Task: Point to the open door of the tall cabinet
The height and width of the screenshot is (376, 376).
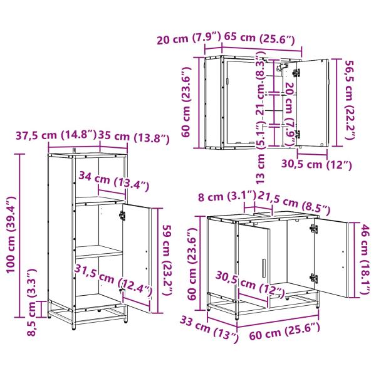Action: (x=137, y=254)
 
